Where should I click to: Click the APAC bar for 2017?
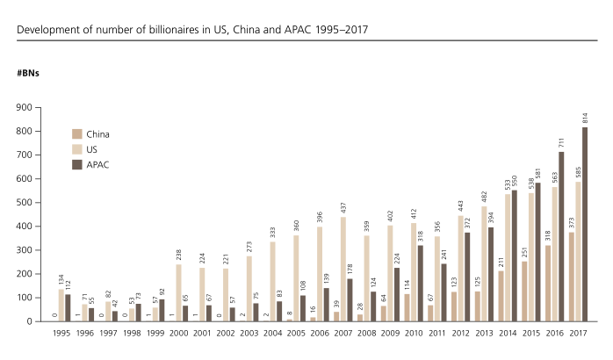[584, 224]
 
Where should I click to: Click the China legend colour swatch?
[77, 134]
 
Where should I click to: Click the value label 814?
[584, 118]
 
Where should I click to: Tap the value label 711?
[559, 142]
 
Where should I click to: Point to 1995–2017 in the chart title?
[339, 30]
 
